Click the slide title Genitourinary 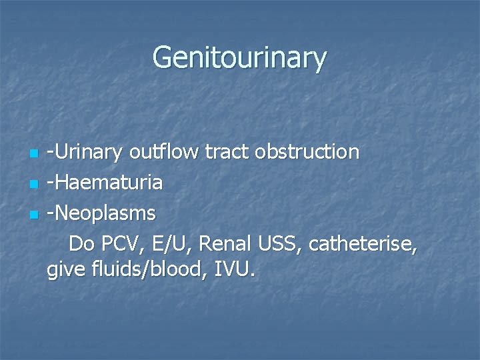pyautogui.click(x=239, y=57)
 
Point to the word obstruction pyautogui.click(x=307, y=153)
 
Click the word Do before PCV pyautogui.click(x=81, y=244)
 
